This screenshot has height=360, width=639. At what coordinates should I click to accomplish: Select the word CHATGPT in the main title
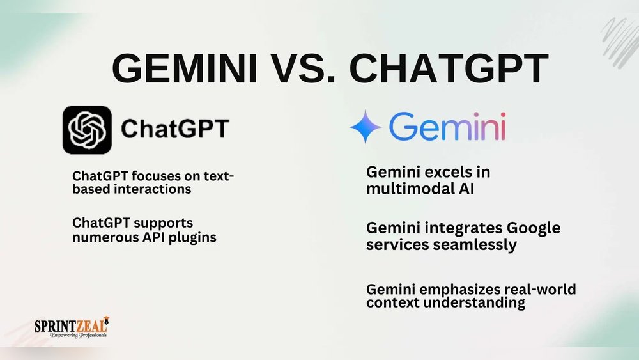coord(449,67)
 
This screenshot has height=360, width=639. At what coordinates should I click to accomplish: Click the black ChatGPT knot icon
coord(87,130)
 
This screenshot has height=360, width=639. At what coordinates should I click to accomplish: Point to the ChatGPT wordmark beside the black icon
coord(174,129)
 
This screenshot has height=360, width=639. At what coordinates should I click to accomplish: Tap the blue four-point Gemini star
coord(366,127)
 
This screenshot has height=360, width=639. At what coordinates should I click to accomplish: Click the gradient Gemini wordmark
coord(447,127)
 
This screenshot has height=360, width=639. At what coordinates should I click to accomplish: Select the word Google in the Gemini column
coord(515,228)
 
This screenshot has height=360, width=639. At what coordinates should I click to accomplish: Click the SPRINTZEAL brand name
coord(70,325)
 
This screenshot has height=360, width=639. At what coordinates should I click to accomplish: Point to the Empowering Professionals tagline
coord(71,335)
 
